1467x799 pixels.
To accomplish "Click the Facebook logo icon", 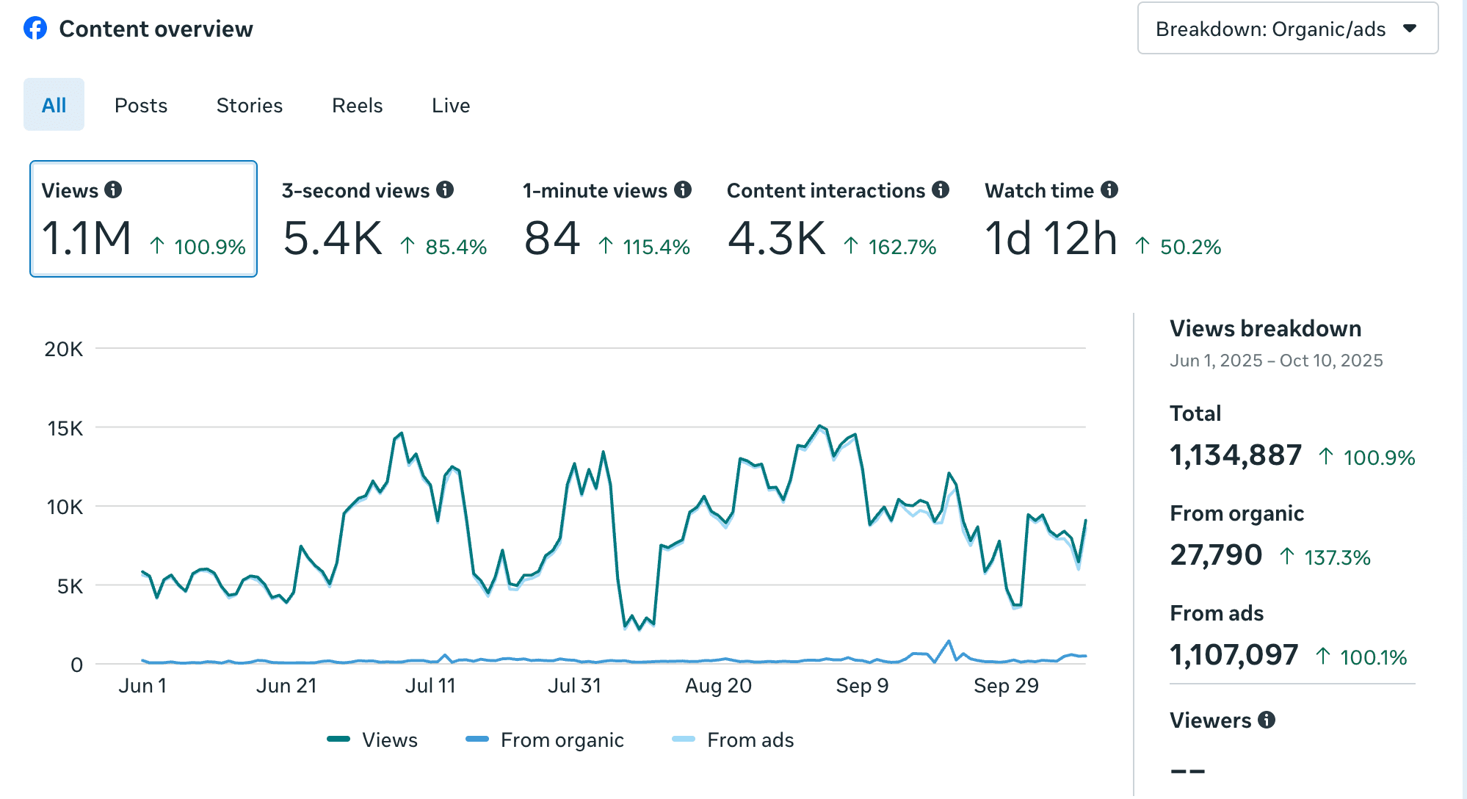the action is [35, 29].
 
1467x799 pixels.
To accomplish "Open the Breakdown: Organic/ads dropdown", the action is [1287, 29].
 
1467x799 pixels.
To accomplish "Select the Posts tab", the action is [141, 106].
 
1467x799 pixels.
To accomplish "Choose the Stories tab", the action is [250, 106].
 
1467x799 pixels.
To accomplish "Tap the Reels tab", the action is [358, 106].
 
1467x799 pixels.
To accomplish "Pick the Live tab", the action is [451, 106].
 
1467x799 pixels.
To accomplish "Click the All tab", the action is [54, 105].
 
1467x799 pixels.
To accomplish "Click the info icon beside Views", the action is [113, 189].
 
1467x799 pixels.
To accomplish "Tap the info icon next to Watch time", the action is [1109, 189].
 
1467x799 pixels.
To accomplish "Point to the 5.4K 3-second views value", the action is [333, 238].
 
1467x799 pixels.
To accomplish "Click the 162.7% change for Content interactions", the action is [902, 247].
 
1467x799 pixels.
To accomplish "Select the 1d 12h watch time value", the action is [1051, 238].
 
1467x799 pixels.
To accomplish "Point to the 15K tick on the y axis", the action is [65, 428].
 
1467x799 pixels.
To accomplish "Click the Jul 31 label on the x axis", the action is [574, 686].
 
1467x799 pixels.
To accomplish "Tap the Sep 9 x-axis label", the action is [862, 686].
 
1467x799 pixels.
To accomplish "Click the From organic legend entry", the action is [545, 740].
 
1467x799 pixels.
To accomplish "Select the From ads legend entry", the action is [733, 740].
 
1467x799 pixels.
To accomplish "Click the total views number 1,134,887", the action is [1236, 455].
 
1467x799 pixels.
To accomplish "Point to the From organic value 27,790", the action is [1216, 555].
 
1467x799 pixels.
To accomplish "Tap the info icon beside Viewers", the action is [1267, 720].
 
